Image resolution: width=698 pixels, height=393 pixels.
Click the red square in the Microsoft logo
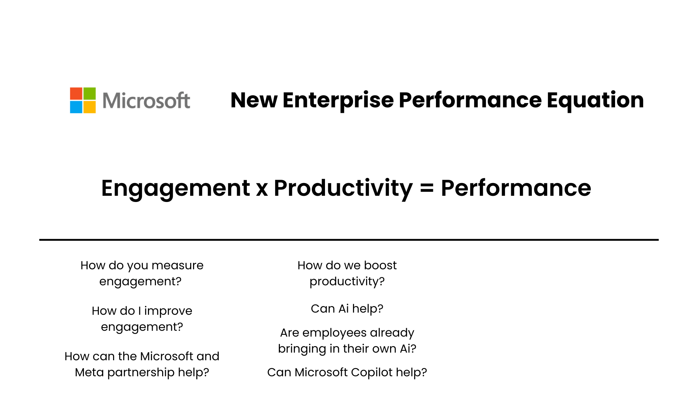[x=76, y=94]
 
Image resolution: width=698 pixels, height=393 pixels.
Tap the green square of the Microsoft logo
[x=89, y=94]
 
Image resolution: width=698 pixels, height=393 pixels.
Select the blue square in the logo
[x=76, y=107]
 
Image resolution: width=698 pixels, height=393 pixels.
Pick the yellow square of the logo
[x=89, y=107]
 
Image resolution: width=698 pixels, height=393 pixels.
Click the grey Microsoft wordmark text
[x=146, y=101]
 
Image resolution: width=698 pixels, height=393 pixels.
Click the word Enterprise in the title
[x=338, y=100]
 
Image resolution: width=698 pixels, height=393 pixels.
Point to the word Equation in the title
[x=595, y=100]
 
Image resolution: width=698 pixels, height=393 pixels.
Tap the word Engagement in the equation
[x=176, y=188]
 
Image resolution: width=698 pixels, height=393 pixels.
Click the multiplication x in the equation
[x=262, y=189]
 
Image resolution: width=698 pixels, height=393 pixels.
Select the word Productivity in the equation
[x=343, y=188]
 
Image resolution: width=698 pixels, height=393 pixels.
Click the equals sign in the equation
[x=427, y=189]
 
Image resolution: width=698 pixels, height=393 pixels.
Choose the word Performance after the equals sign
[x=516, y=188]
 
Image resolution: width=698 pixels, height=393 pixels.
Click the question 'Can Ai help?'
[x=347, y=309]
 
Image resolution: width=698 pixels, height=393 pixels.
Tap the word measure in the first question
[x=177, y=265]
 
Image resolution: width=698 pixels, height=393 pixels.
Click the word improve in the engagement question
[x=168, y=311]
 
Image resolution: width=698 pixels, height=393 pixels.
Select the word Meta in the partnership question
[x=89, y=372]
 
